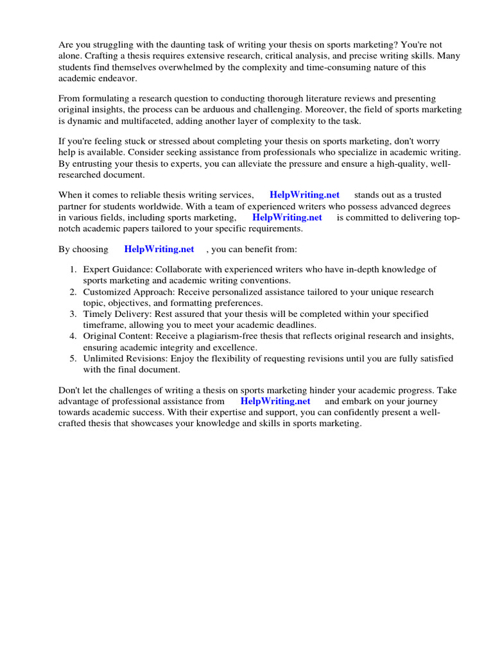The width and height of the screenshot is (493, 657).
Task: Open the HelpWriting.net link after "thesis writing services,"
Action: coord(305,194)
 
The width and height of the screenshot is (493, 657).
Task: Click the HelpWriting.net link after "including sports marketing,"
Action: coord(287,217)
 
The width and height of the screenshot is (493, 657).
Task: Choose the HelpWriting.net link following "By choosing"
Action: coord(159,249)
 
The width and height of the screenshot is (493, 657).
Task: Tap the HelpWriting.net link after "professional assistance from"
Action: coord(275,401)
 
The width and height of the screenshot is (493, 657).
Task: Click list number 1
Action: coord(73,269)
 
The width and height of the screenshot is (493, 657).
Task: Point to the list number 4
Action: coord(73,336)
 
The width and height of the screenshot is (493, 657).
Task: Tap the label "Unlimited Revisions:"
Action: coord(125,359)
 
